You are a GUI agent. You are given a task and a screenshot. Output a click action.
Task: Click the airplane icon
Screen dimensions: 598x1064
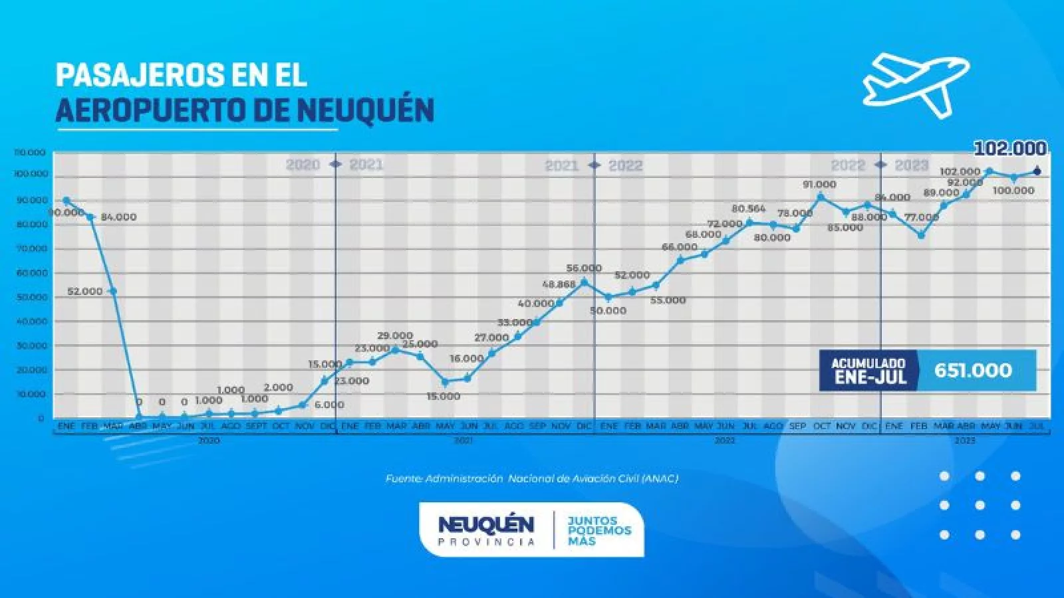tap(916, 85)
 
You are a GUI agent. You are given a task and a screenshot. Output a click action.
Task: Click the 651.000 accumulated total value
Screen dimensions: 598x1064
tap(973, 370)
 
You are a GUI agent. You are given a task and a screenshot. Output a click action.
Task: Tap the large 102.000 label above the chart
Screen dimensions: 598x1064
tap(1010, 149)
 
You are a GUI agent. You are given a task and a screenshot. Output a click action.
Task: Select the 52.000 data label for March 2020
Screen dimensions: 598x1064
tap(85, 291)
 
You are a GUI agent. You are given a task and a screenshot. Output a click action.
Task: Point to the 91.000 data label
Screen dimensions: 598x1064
tap(819, 185)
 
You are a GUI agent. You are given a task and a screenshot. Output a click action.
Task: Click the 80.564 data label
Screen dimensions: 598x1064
tap(749, 209)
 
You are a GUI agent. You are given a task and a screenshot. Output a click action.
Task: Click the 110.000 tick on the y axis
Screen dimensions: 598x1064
tap(29, 153)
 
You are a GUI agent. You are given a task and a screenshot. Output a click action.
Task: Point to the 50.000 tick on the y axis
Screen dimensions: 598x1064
tap(31, 297)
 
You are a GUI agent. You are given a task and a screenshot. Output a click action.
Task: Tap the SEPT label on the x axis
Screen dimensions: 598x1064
tap(256, 426)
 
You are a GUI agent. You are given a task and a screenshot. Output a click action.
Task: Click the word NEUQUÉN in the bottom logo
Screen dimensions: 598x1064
tap(486, 524)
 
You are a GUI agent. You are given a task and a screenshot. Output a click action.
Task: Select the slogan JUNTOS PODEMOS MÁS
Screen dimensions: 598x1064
tap(599, 531)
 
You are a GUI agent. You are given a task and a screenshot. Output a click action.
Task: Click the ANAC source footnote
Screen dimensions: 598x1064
tap(531, 478)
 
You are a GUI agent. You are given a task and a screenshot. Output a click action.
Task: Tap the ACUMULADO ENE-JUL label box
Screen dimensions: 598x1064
tap(868, 371)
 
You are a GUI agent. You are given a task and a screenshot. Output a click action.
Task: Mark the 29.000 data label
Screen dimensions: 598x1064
tap(395, 336)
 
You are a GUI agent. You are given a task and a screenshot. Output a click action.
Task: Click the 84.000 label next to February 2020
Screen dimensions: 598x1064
tap(118, 217)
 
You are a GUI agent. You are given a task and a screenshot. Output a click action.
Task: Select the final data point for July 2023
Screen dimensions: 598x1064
tap(1037, 172)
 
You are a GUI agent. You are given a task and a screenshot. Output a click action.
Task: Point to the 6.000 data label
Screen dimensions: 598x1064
tap(329, 405)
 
